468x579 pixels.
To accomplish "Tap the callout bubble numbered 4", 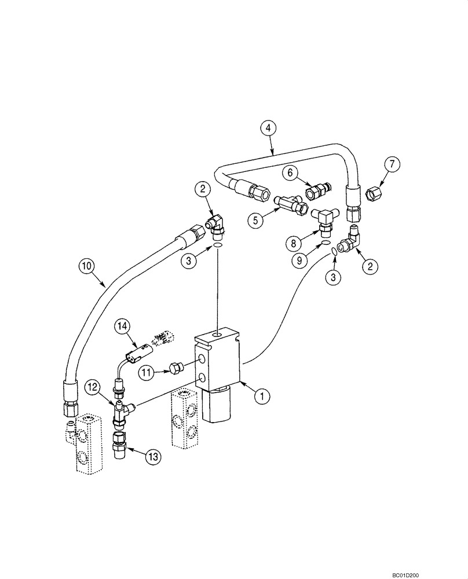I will (x=268, y=128).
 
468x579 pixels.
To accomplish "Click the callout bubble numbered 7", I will (x=392, y=164).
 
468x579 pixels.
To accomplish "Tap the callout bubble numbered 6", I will (x=290, y=173).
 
